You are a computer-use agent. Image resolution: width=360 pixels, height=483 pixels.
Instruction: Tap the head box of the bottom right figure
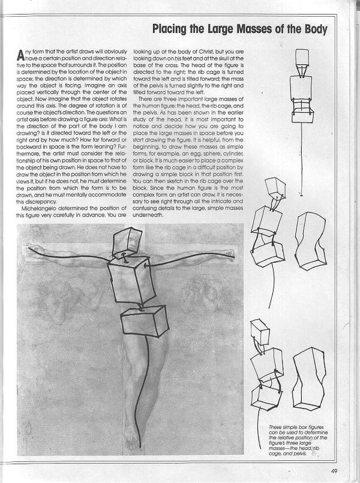[260, 331]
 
